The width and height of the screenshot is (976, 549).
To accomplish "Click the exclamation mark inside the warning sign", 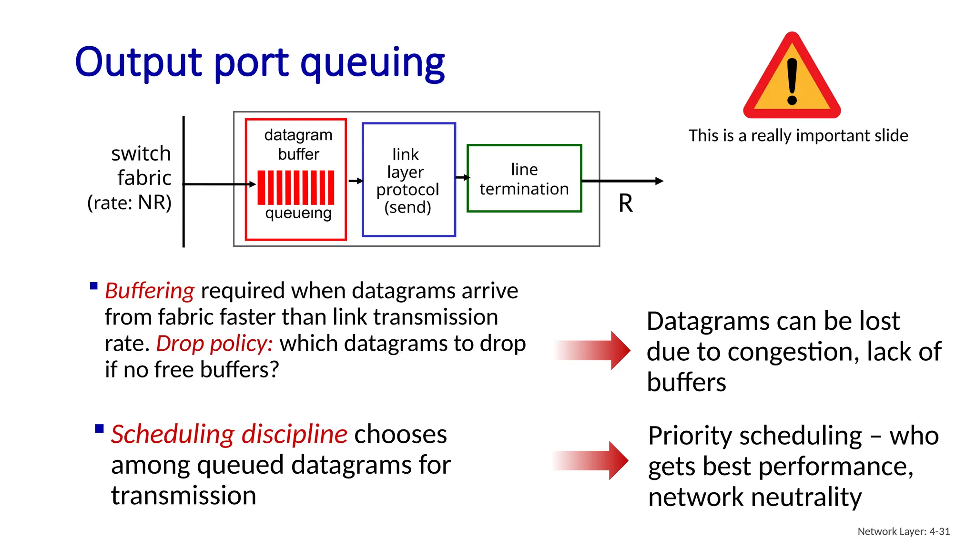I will pyautogui.click(x=792, y=81).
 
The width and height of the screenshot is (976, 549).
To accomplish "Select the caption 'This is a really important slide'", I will pyautogui.click(x=798, y=136).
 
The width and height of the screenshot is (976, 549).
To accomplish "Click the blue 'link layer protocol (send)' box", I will pyautogui.click(x=408, y=180).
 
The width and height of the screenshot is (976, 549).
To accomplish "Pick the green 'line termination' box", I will pyautogui.click(x=524, y=179).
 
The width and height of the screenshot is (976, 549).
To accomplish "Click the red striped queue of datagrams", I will pyautogui.click(x=296, y=187).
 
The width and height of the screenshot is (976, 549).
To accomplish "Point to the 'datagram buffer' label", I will pyautogui.click(x=298, y=144).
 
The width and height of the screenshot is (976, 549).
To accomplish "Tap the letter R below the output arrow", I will pyautogui.click(x=626, y=203).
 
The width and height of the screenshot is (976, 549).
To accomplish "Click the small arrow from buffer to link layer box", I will pyautogui.click(x=355, y=181).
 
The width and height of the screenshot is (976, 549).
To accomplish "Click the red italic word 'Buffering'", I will pyautogui.click(x=150, y=291).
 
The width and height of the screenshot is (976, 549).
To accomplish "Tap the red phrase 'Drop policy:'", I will pyautogui.click(x=214, y=344).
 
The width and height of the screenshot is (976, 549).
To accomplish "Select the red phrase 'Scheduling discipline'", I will pyautogui.click(x=229, y=434).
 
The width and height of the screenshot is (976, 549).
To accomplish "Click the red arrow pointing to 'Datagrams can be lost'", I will pyautogui.click(x=592, y=350).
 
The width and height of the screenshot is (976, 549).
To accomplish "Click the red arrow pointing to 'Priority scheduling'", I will pyautogui.click(x=591, y=460).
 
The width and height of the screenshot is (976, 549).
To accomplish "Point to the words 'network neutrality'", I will pyautogui.click(x=755, y=497).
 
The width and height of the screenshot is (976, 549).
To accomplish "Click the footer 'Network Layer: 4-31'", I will pyautogui.click(x=904, y=531).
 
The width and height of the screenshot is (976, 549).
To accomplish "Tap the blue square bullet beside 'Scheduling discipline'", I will pyautogui.click(x=99, y=428).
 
